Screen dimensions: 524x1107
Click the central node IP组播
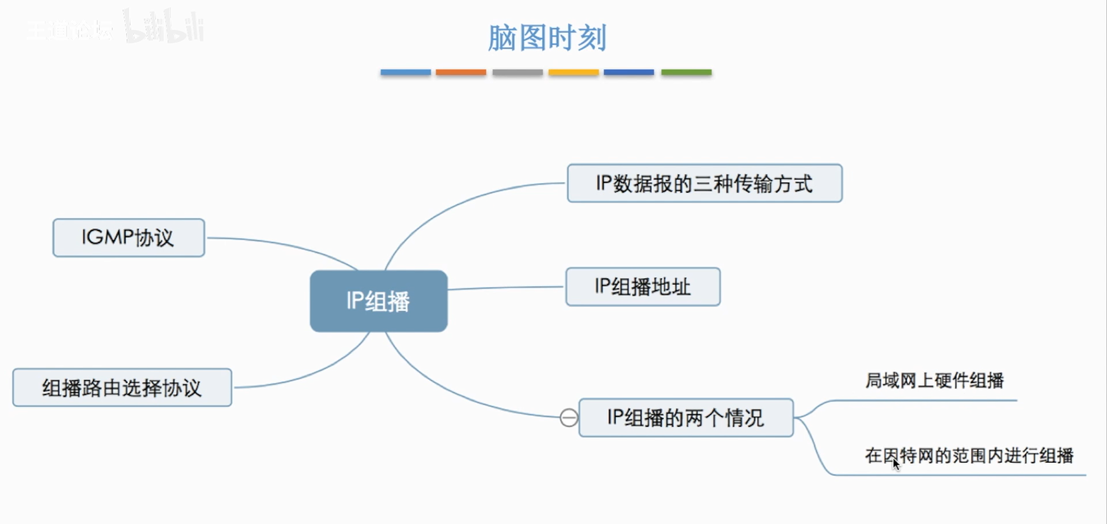click(x=378, y=301)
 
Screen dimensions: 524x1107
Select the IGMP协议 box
click(x=128, y=238)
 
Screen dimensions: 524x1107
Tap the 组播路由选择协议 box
click(x=122, y=387)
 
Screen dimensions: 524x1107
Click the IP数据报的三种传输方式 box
click(x=704, y=183)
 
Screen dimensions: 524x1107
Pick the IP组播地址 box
click(x=643, y=286)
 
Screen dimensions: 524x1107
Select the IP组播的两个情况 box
click(x=686, y=418)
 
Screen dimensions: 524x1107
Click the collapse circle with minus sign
click(x=569, y=418)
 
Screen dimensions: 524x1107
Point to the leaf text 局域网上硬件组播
click(x=934, y=381)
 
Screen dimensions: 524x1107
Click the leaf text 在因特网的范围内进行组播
click(x=969, y=456)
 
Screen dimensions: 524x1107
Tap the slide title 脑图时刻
click(x=547, y=38)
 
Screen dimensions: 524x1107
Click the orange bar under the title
click(x=461, y=72)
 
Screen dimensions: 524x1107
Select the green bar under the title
click(x=686, y=72)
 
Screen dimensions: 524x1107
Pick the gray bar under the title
click(x=517, y=72)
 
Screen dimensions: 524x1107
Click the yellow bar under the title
click(x=573, y=72)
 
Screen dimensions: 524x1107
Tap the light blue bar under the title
click(x=405, y=72)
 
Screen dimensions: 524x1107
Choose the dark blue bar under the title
click(x=629, y=72)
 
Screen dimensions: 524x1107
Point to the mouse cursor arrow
click(x=896, y=464)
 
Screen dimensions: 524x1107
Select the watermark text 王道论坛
click(x=69, y=30)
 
